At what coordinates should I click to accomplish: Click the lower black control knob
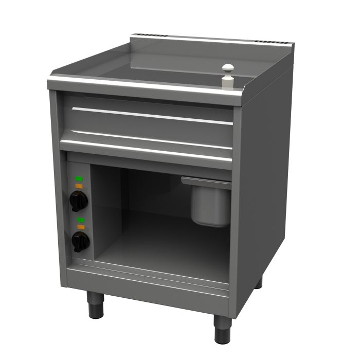pyautogui.click(x=79, y=240)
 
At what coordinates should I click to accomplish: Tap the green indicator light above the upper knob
pyautogui.click(x=79, y=178)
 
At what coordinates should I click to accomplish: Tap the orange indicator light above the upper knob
pyautogui.click(x=79, y=185)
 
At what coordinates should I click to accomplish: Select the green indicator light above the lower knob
pyautogui.click(x=80, y=220)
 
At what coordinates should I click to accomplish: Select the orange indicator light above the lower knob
pyautogui.click(x=80, y=226)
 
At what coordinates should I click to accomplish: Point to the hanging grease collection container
pyautogui.click(x=211, y=203)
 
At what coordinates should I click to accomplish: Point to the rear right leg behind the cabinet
pyautogui.click(x=258, y=282)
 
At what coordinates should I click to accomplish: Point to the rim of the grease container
pyautogui.click(x=206, y=180)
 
